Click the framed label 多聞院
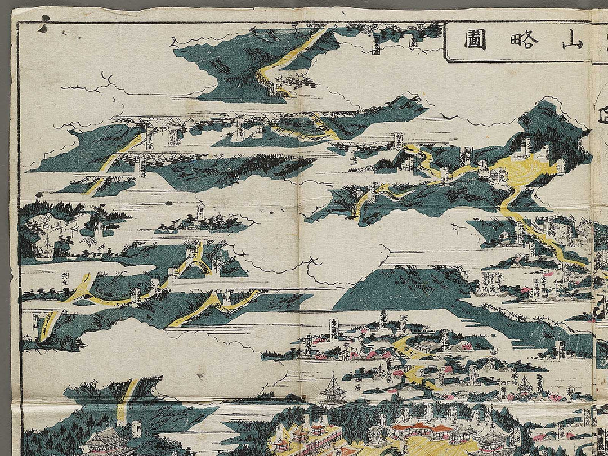pyautogui.click(x=334, y=328)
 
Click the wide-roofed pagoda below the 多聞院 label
pyautogui.click(x=333, y=388)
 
